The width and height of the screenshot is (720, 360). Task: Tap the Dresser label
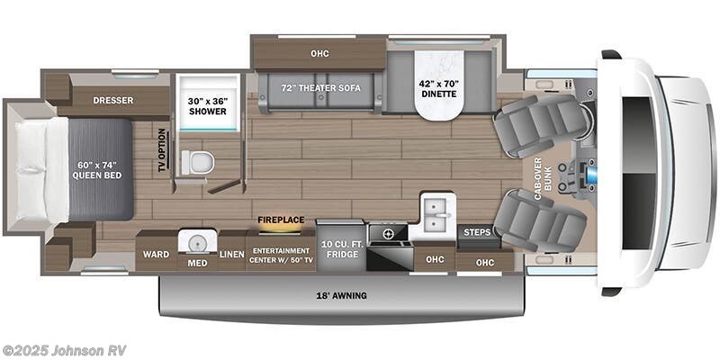[114, 100]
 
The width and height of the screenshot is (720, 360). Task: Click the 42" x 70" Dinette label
[438, 87]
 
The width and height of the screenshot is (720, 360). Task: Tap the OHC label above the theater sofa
[319, 54]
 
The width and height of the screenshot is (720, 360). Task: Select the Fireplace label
[280, 219]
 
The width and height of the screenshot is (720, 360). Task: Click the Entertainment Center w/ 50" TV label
[281, 255]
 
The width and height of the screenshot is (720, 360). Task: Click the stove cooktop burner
[388, 234]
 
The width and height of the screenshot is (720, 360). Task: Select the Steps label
[476, 232]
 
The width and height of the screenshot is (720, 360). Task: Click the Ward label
[151, 255]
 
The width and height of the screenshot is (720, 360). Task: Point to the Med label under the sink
[193, 263]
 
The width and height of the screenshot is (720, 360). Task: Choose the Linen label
[231, 255]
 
